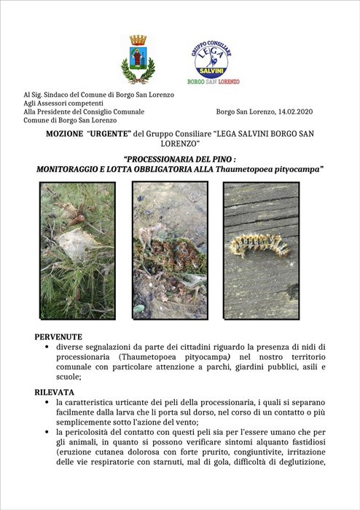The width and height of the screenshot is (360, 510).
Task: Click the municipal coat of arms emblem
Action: pyautogui.click(x=138, y=60)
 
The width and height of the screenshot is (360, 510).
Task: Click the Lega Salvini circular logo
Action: pyautogui.click(x=211, y=58)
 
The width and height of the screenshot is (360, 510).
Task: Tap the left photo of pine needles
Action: pyautogui.click(x=77, y=250)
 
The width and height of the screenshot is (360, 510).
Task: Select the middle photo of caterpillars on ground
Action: pyautogui.click(x=170, y=250)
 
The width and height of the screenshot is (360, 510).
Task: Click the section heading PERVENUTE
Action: pyautogui.click(x=58, y=337)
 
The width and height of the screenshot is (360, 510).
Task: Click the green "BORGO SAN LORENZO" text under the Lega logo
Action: pyautogui.click(x=214, y=82)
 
